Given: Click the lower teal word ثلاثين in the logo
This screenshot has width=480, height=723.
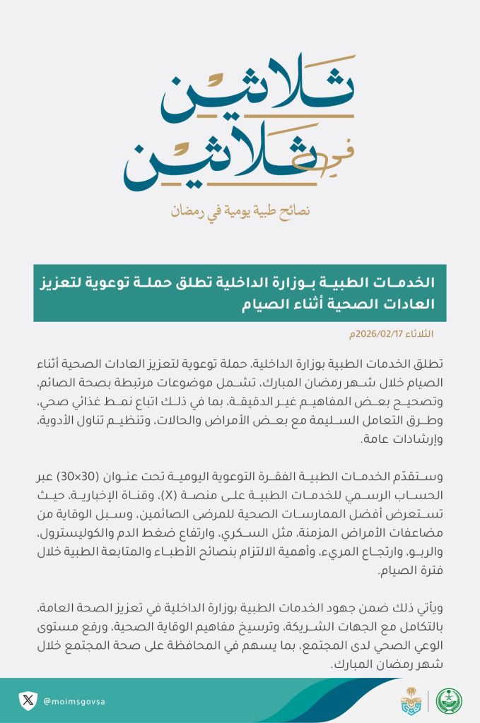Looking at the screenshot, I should click(x=212, y=161).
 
